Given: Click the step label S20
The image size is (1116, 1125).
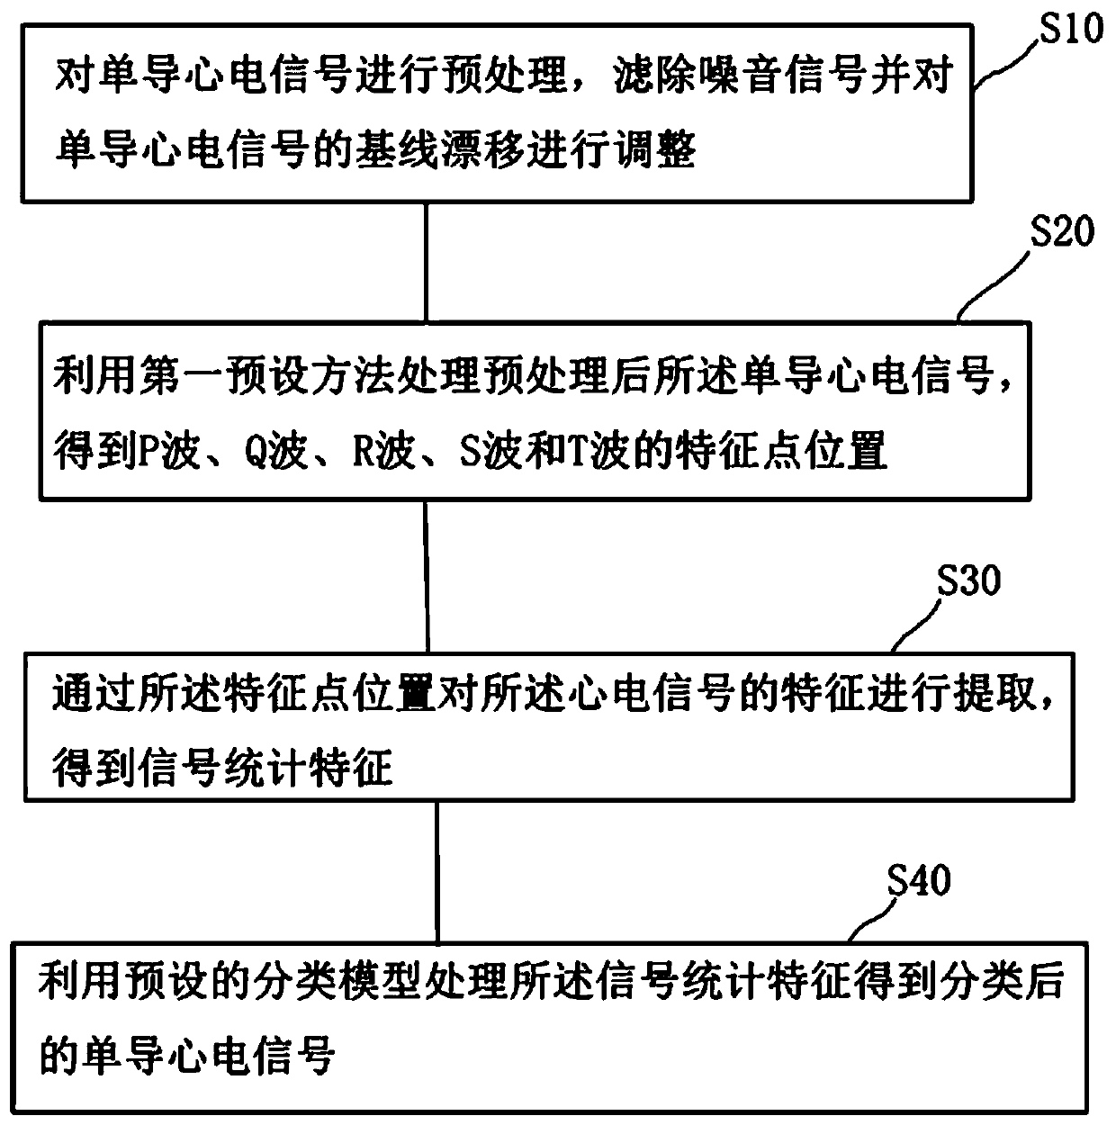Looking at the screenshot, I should point(1062,231).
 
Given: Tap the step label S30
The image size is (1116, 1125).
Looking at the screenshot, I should point(967,580).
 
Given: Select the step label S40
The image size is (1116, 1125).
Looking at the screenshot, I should point(918,880).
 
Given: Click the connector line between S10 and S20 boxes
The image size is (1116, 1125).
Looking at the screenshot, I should point(426,261).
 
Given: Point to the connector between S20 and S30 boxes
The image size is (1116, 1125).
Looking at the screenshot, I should point(427,576).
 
